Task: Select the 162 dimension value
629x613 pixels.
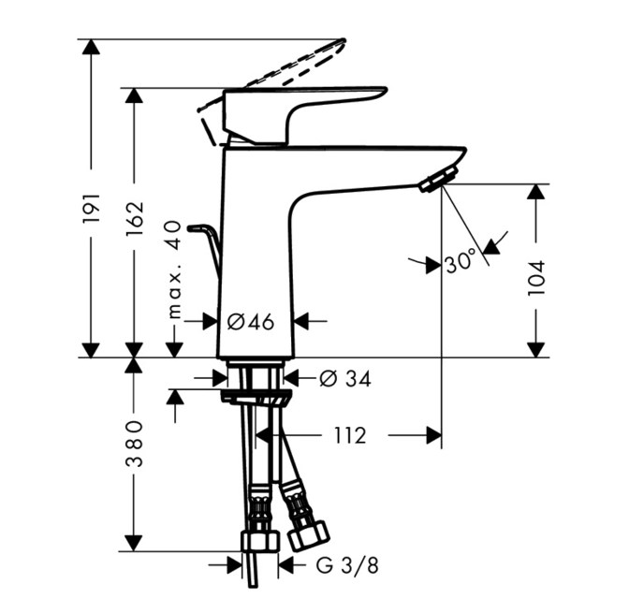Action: [x=135, y=218]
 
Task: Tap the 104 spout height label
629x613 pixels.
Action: [x=536, y=278]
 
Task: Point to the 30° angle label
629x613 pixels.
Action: [x=461, y=262]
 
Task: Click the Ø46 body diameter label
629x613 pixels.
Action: [x=251, y=321]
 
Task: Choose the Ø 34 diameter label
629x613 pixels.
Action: [x=345, y=378]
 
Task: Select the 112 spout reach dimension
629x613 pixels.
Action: [x=350, y=435]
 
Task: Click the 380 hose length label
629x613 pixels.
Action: [x=135, y=444]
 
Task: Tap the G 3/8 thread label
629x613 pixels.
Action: [x=347, y=566]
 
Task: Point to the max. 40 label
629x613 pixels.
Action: [x=175, y=269]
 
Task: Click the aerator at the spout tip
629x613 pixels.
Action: [x=438, y=180]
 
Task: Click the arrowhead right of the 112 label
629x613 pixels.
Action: [x=433, y=436]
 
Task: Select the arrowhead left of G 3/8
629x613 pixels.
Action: [x=235, y=565]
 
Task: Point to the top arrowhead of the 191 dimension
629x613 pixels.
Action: [x=91, y=48]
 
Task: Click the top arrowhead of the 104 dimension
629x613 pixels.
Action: [x=536, y=192]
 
